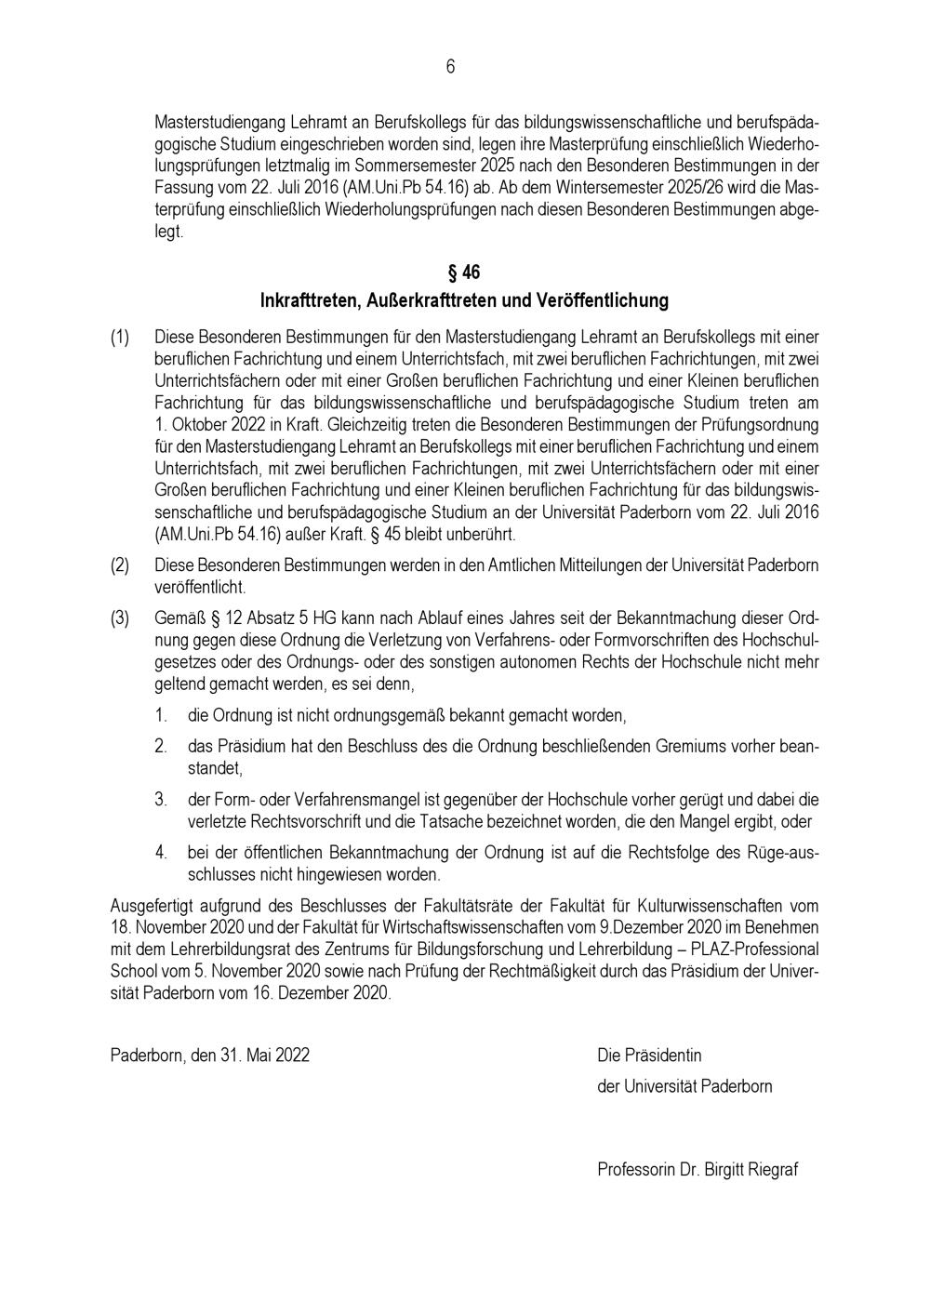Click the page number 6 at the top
tap(450, 66)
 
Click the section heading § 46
tap(464, 272)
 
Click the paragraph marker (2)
tap(120, 565)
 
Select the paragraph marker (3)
tap(120, 618)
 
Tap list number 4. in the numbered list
tap(161, 852)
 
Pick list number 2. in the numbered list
tap(161, 746)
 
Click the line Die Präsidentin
tap(649, 1056)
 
